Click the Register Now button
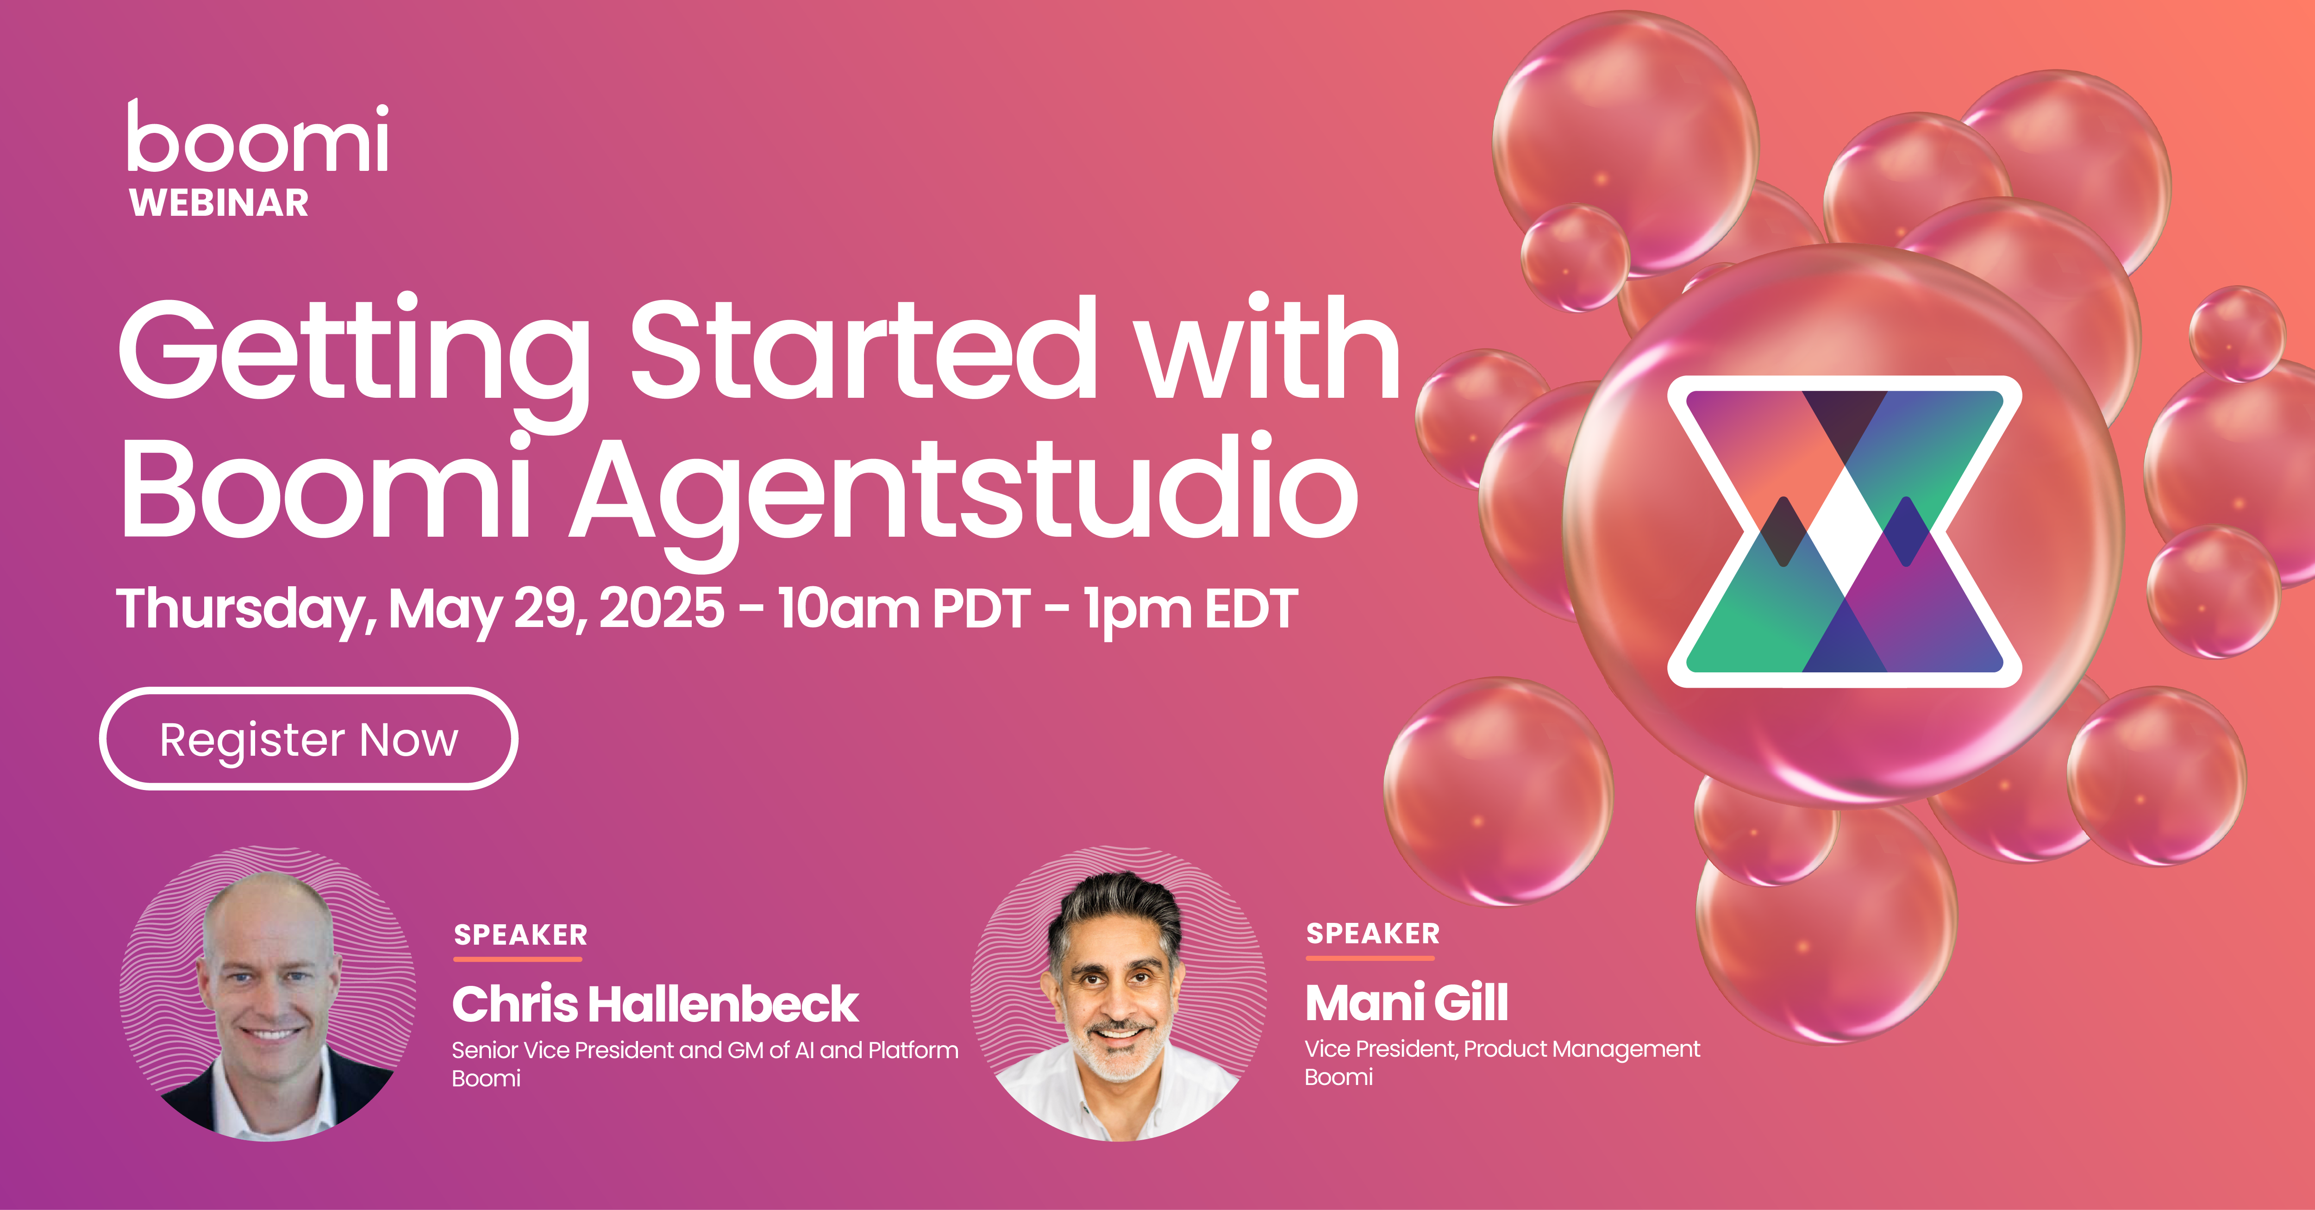click(308, 739)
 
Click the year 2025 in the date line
click(662, 608)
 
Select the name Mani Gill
click(1407, 1003)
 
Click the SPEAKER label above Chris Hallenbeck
click(520, 935)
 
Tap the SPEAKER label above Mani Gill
click(1372, 933)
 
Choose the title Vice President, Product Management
click(1502, 1049)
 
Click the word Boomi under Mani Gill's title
click(1338, 1077)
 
